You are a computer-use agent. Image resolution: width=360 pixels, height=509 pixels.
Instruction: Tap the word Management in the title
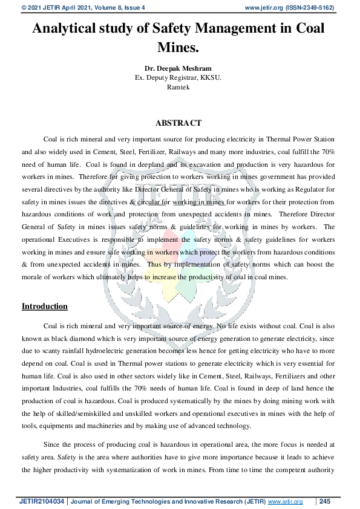pyautogui.click(x=226, y=28)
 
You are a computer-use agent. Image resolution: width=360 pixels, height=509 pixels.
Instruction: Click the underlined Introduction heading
pyautogui.click(x=45, y=306)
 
